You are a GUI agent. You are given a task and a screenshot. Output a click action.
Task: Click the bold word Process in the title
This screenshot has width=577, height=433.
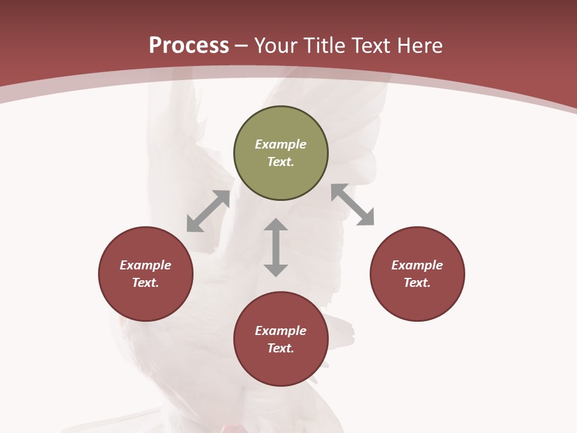point(189,46)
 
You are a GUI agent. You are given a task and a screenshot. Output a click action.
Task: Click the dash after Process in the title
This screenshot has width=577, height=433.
point(242,46)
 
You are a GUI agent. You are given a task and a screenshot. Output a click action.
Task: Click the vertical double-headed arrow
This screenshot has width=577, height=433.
point(276,247)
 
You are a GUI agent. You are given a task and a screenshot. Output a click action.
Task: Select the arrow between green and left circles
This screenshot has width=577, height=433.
point(208,211)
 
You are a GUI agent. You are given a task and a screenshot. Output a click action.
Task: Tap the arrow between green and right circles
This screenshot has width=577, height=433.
point(353,204)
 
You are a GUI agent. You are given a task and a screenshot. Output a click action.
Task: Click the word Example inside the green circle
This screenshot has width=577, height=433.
point(281,144)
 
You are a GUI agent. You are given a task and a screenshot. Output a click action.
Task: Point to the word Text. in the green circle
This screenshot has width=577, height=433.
point(281,162)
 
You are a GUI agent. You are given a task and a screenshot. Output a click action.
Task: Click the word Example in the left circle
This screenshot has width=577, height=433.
point(145,265)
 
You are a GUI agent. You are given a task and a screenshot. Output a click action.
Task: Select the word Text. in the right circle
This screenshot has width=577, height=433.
point(417,283)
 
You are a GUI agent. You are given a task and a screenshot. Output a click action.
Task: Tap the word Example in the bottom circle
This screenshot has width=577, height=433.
point(281,331)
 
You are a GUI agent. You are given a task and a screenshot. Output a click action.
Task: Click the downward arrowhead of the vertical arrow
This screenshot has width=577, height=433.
point(276,270)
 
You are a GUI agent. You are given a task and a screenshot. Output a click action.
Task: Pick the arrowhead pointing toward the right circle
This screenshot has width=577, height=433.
point(367,218)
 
